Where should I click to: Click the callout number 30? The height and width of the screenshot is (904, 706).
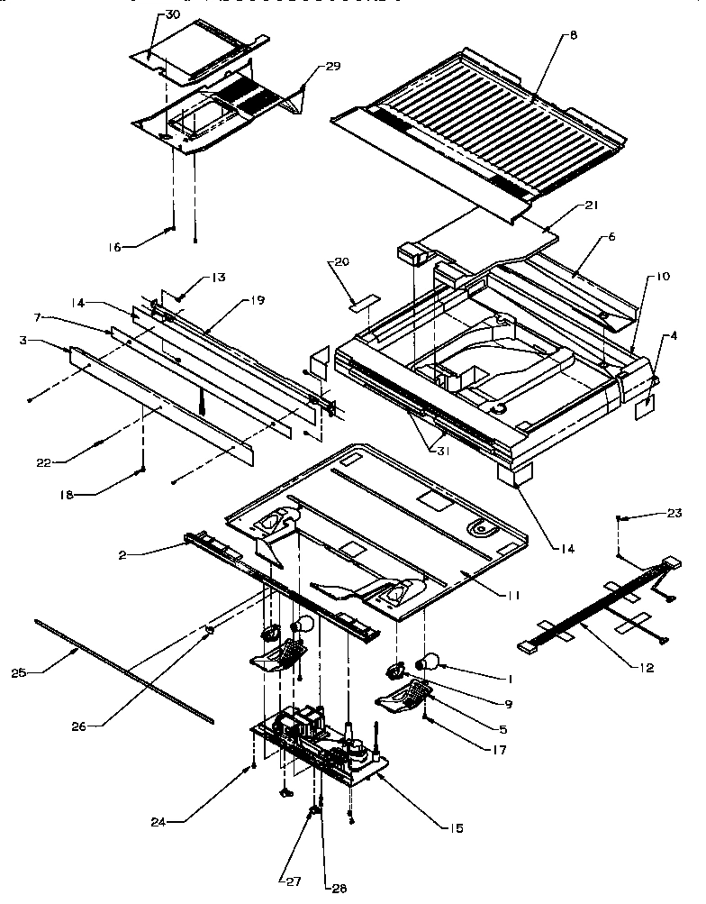click(174, 16)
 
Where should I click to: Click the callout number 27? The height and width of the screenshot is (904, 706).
click(295, 881)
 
